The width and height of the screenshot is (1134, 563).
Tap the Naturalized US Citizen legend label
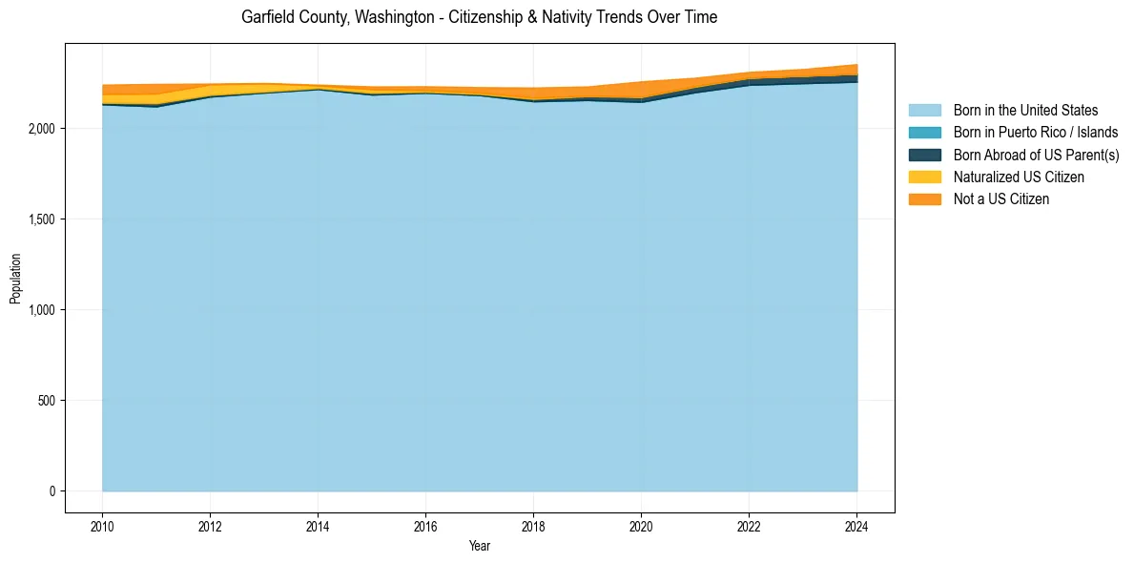[x=1019, y=177]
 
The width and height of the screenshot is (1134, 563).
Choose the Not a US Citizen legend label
[x=1001, y=199]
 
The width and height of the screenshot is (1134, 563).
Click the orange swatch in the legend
[x=924, y=199]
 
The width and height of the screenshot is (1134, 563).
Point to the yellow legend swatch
[x=924, y=177]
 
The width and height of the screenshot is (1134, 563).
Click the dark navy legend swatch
[x=924, y=155]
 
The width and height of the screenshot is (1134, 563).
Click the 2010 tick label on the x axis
[x=102, y=525]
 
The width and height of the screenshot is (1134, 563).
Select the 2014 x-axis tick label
[x=318, y=525]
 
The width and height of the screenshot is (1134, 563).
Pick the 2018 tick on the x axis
[x=533, y=525]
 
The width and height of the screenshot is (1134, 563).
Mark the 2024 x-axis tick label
[x=856, y=525]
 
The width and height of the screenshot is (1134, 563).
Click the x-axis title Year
[x=480, y=546]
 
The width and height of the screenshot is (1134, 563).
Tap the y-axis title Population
[x=15, y=279]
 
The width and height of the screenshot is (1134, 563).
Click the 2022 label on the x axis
[x=749, y=525]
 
